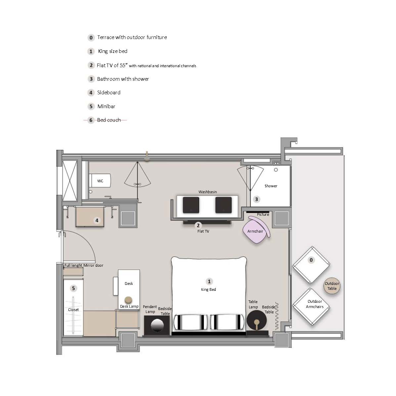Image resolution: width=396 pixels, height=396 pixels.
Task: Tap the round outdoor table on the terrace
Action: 332,286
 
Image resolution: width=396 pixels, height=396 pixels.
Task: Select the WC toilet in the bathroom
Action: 100,181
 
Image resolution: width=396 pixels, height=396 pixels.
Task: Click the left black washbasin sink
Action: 191,205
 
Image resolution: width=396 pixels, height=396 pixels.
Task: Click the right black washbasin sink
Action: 224,205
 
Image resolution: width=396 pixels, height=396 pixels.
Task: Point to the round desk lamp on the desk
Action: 129,300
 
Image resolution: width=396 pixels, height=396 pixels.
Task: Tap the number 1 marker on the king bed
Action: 209,281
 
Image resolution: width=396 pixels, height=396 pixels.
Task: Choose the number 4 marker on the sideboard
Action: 97,220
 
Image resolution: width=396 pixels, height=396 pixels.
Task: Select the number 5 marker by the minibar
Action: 73,288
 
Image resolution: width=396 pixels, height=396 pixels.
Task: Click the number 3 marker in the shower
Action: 257,199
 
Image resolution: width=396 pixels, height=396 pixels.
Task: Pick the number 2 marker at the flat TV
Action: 198,225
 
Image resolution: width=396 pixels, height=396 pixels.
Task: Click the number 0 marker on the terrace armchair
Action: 311,260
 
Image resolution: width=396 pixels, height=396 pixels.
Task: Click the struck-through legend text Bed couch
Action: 109,120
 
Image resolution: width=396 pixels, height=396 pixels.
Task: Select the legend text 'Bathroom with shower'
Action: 123,79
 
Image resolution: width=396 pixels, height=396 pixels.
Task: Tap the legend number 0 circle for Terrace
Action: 91,38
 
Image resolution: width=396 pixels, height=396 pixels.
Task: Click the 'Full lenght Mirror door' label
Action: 84,265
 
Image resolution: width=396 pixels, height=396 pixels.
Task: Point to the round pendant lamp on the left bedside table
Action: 157,325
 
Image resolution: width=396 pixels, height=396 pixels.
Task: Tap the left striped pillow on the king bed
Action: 191,322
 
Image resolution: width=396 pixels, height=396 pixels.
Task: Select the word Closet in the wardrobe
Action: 73,310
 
